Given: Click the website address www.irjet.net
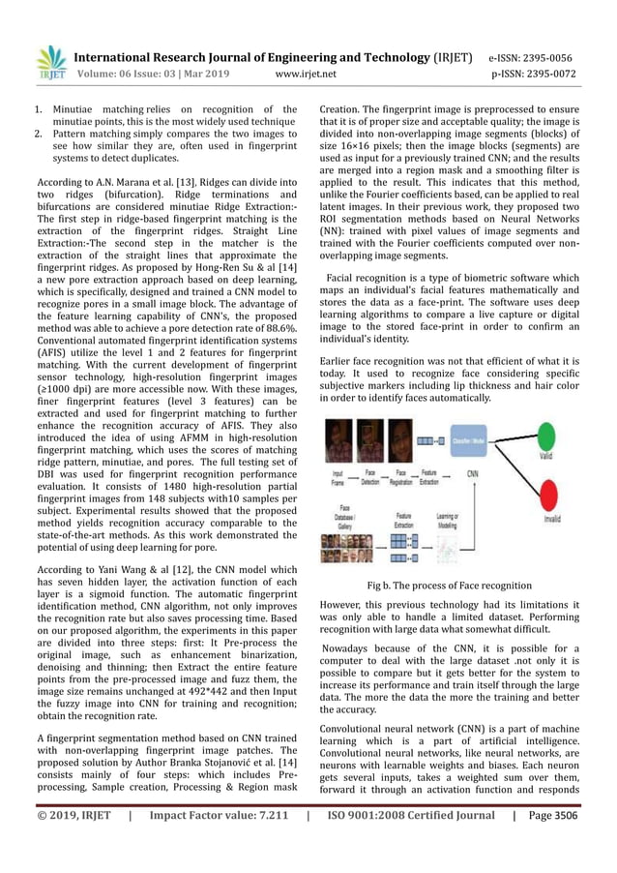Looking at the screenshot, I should (x=306, y=73).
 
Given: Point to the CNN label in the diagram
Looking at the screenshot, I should (x=472, y=474).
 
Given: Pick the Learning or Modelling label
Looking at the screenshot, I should (x=448, y=520).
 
